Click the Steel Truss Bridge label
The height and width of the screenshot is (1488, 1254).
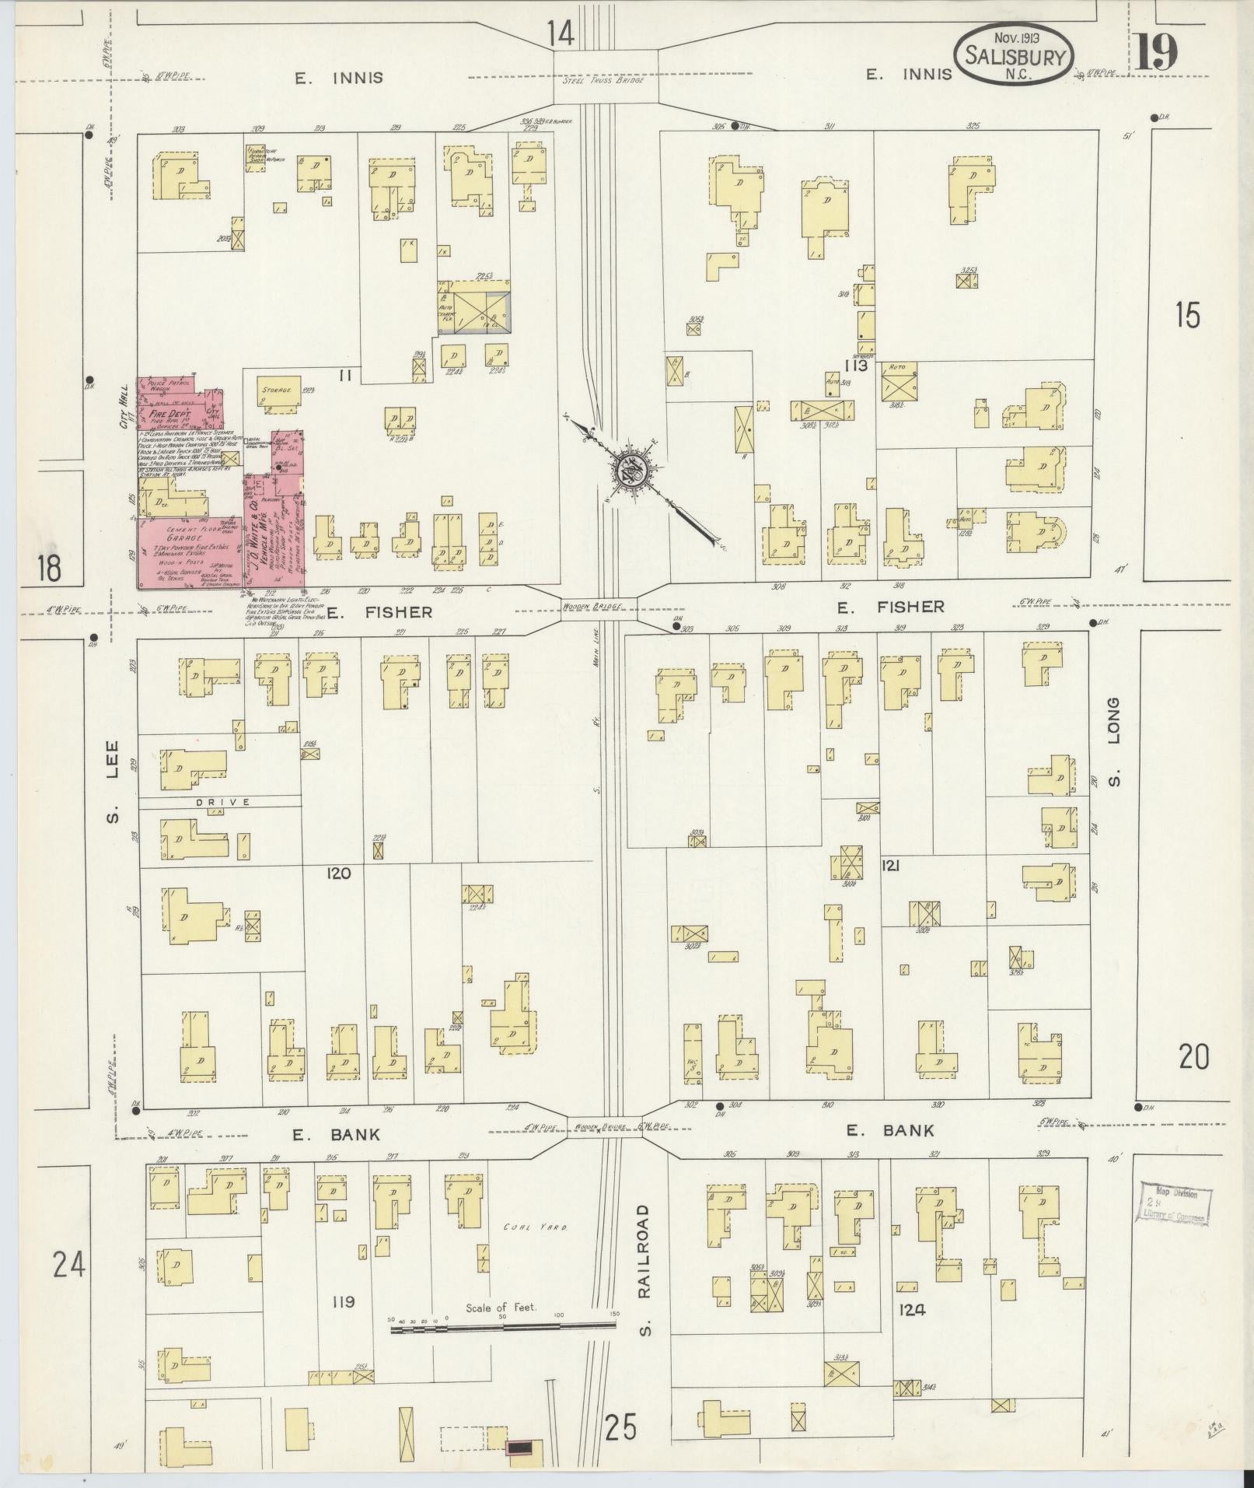coord(604,81)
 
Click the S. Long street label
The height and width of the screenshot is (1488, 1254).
coord(1114,740)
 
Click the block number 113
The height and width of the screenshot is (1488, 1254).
coord(858,365)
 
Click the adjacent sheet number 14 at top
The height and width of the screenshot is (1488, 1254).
coord(559,33)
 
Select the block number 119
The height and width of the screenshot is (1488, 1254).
coord(342,1302)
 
